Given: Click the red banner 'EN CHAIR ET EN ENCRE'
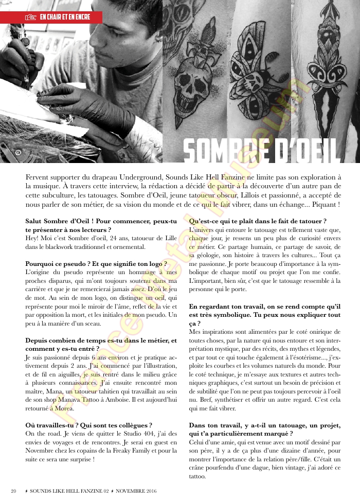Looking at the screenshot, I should (51, 17).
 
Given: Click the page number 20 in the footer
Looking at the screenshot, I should (14, 491).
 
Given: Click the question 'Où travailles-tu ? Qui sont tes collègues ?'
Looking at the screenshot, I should (88, 425).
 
